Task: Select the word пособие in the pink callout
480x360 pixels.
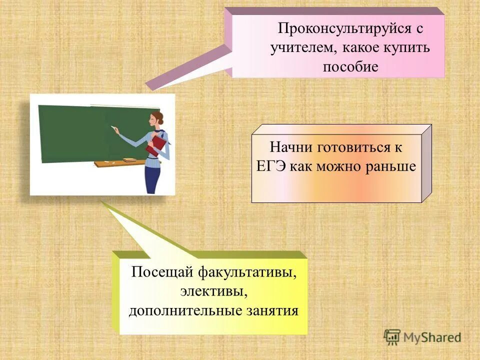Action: [x=350, y=66]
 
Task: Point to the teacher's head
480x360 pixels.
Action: [x=153, y=119]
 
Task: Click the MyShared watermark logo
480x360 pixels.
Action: [x=422, y=336]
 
